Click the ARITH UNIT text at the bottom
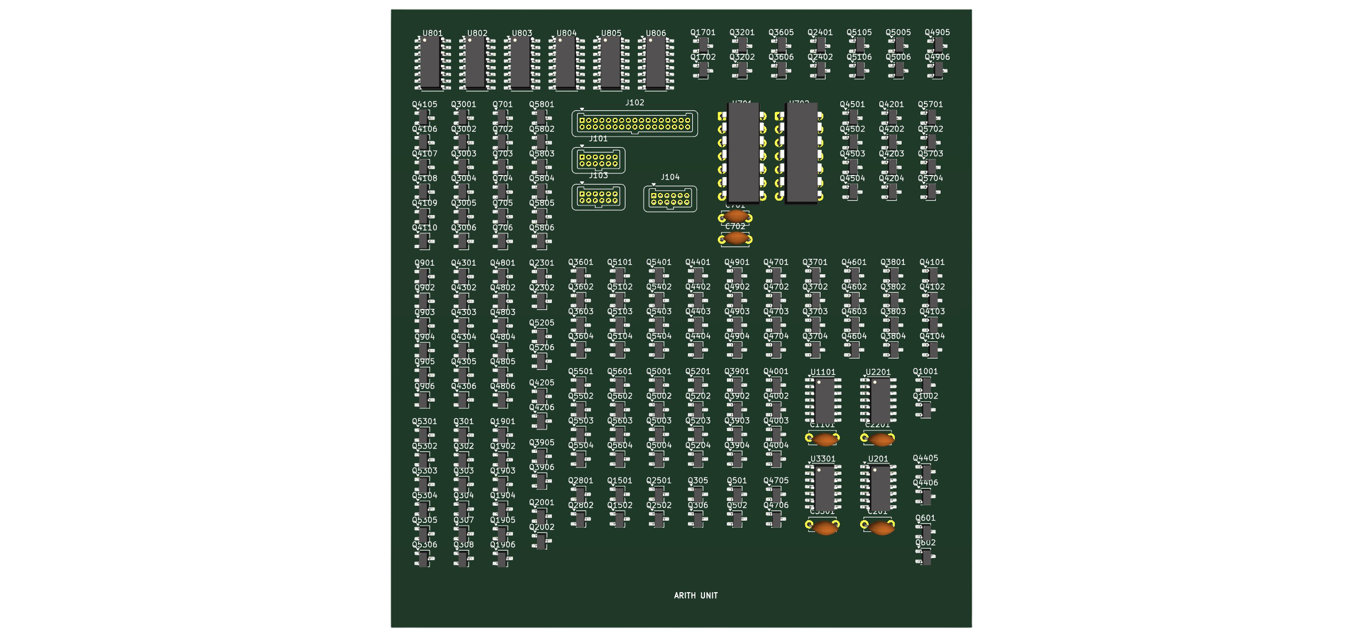pyautogui.click(x=695, y=595)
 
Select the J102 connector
pyautogui.click(x=635, y=124)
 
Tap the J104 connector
pyautogui.click(x=670, y=199)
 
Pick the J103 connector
pyautogui.click(x=598, y=197)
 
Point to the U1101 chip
pyautogui.click(x=824, y=400)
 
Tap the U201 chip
pyautogui.click(x=879, y=488)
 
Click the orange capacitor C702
pyautogui.click(x=736, y=238)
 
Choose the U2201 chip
pyautogui.click(x=879, y=400)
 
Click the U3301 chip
pyautogui.click(x=824, y=488)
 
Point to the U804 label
pyautogui.click(x=566, y=33)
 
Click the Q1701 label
pyautogui.click(x=703, y=33)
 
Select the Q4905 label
pyautogui.click(x=937, y=33)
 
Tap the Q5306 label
pyautogui.click(x=424, y=545)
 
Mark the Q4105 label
pyautogui.click(x=424, y=105)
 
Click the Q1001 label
pyautogui.click(x=925, y=371)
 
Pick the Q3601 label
pyautogui.click(x=580, y=262)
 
